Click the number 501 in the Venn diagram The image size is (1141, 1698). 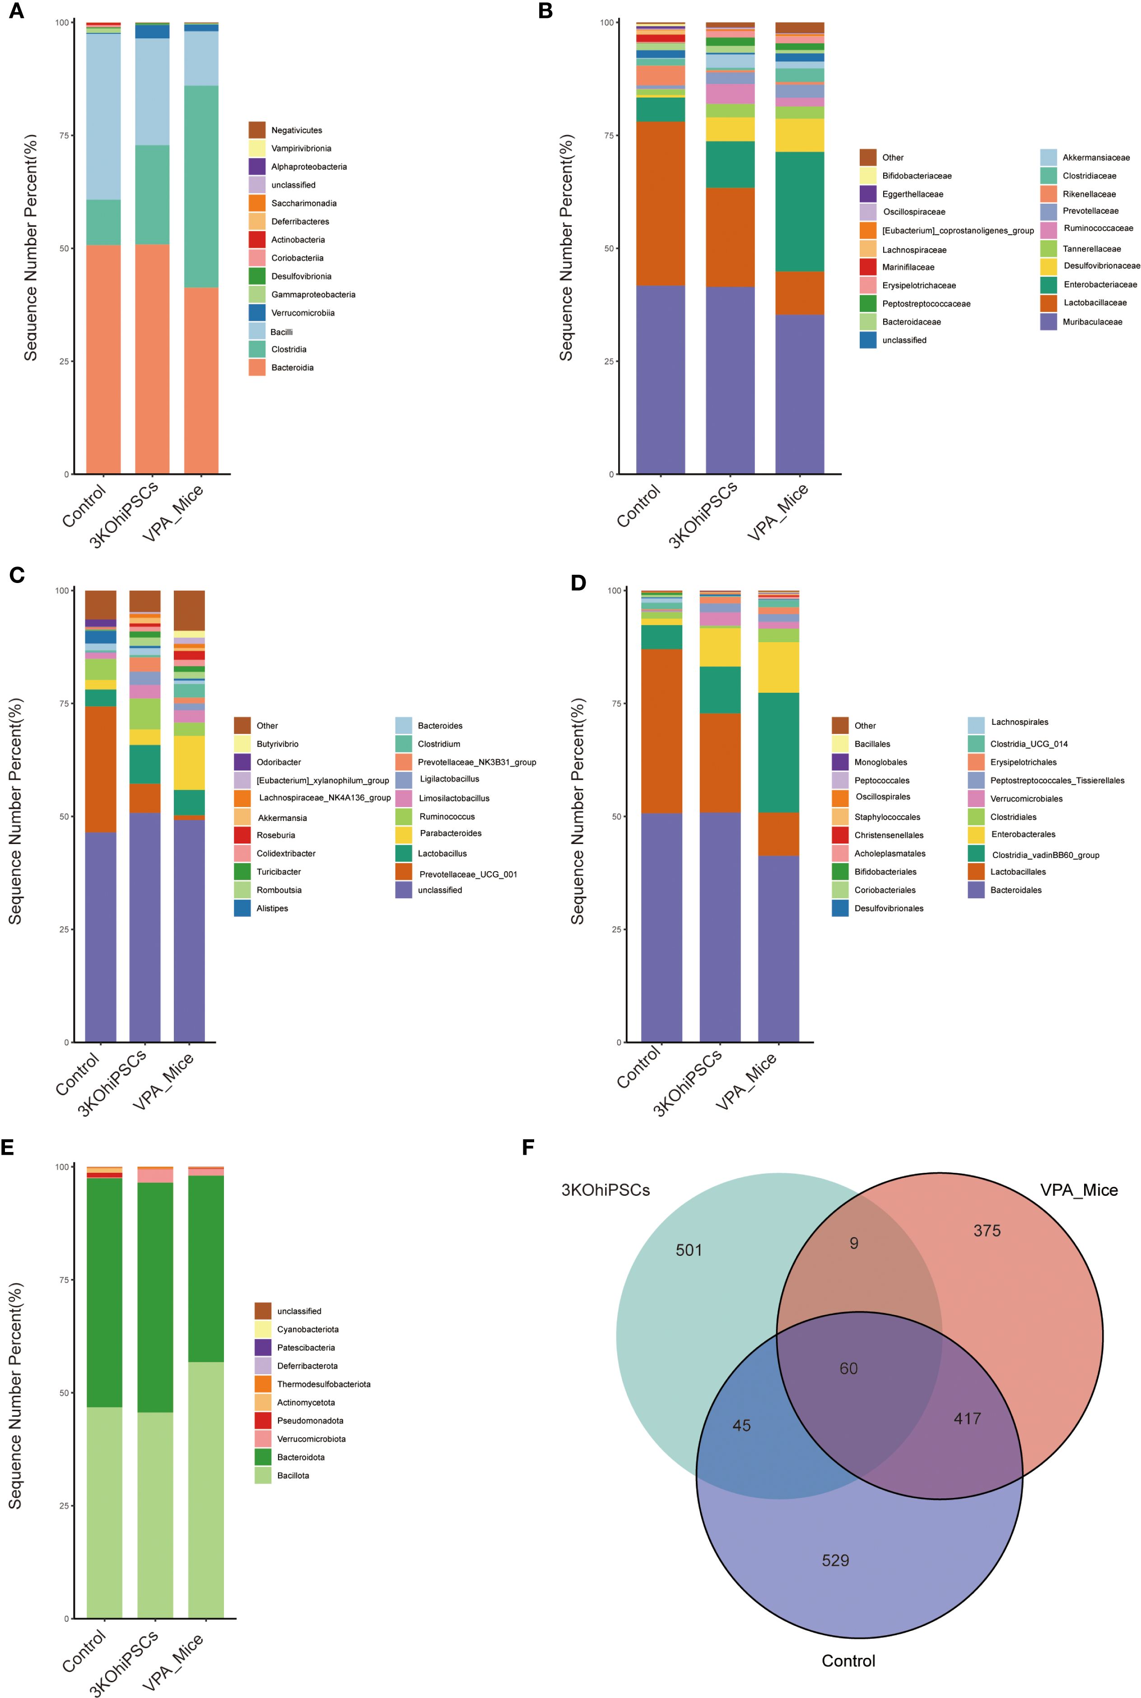pos(689,1250)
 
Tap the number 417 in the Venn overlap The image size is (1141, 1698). pos(967,1418)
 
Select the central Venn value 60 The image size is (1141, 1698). pos(848,1368)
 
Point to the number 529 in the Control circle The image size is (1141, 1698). pos(835,1560)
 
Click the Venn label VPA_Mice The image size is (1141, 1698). pos(1078,1190)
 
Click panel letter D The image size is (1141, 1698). pos(578,583)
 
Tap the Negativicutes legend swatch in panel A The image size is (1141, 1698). pos(257,130)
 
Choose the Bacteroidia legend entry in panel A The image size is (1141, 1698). pos(292,368)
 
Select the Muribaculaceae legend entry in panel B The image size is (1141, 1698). pos(1091,322)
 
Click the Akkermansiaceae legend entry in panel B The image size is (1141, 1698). pos(1095,157)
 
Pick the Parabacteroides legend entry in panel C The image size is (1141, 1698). pos(450,833)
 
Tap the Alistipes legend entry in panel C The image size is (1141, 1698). pos(271,908)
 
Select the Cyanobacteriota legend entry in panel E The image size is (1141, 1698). pos(307,1329)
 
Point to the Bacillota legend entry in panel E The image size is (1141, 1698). pos(293,1475)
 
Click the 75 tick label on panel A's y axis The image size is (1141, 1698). pos(63,135)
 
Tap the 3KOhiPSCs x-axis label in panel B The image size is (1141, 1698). pos(703,513)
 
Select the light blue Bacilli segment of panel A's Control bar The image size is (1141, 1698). pos(103,117)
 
